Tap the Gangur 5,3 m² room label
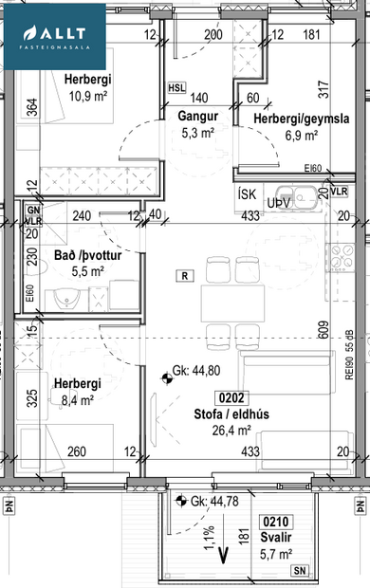coord(197,125)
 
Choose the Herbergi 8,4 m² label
coord(75,393)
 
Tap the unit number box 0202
coord(232,397)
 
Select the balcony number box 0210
coord(275,521)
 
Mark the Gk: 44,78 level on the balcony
coord(211,502)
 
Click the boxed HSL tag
coord(176,87)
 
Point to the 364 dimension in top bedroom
coord(31,108)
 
